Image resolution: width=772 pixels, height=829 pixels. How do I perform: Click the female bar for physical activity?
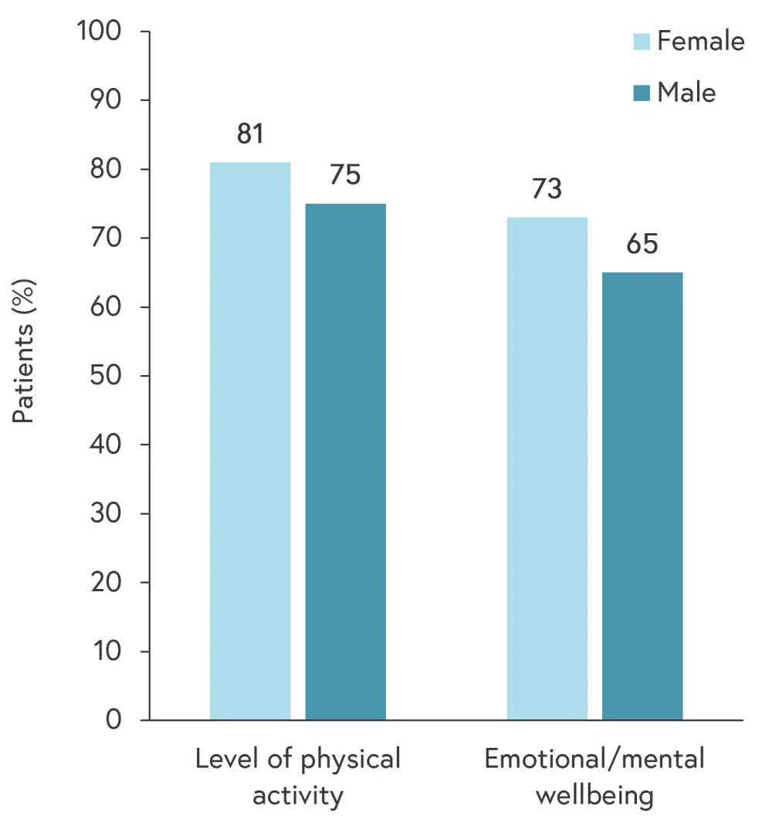click(x=250, y=441)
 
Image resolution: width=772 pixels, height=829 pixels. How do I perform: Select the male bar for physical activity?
click(x=346, y=462)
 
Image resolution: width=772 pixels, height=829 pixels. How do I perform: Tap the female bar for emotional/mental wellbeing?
click(x=547, y=469)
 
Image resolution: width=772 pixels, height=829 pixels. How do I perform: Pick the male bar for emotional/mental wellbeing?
click(x=642, y=496)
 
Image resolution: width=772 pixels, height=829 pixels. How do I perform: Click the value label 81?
click(x=250, y=134)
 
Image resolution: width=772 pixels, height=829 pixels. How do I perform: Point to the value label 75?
click(x=346, y=175)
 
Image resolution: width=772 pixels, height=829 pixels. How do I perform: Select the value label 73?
click(x=547, y=189)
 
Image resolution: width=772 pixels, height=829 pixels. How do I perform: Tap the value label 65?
click(x=642, y=245)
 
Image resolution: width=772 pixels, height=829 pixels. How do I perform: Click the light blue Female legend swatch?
click(x=642, y=41)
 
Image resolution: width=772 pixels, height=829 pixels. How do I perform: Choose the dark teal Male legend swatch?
click(x=642, y=93)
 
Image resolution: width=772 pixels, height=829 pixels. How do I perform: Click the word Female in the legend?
click(x=700, y=41)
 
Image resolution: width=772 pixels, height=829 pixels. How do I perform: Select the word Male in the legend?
click(x=686, y=93)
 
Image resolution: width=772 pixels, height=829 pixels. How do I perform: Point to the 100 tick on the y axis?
click(x=98, y=32)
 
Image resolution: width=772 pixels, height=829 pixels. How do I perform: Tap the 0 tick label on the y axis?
click(x=114, y=720)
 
